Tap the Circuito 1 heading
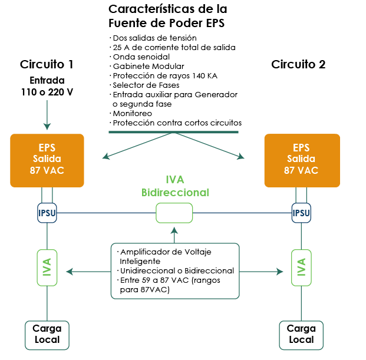[47, 64]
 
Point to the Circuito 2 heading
[298, 64]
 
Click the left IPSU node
[47, 213]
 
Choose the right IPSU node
[301, 213]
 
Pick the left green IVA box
[47, 267]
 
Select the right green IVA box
[301, 267]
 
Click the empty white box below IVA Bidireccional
[174, 213]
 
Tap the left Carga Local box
[47, 334]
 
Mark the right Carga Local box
[301, 334]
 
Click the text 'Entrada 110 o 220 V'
[47, 86]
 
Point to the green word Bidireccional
[175, 193]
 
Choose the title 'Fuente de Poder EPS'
[167, 24]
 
